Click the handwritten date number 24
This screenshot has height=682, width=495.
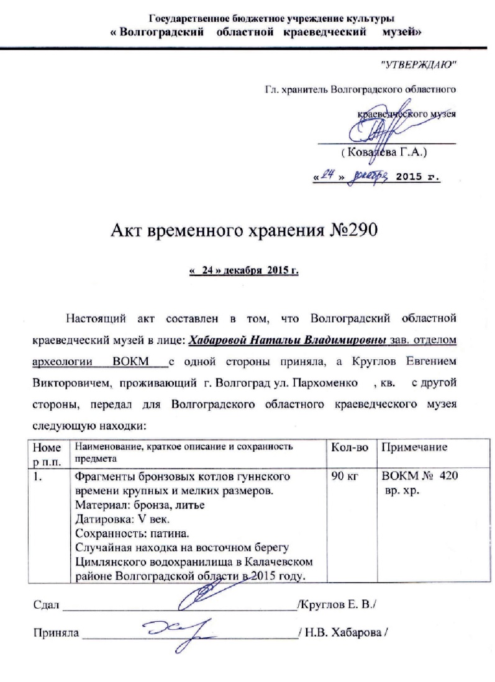click(x=327, y=175)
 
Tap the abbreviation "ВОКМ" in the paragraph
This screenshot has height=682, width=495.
click(x=134, y=361)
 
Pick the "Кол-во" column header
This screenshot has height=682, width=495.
click(x=350, y=447)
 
